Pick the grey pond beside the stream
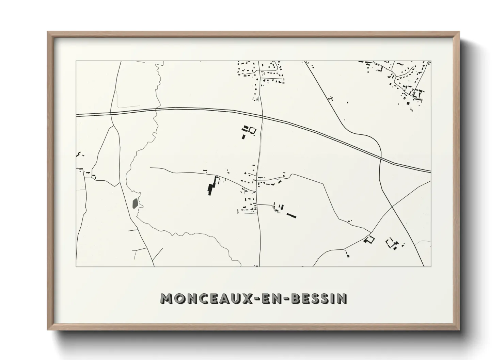coord(135,203)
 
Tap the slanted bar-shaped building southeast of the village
coord(291,215)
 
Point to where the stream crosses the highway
coord(155,110)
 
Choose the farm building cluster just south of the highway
coord(249,131)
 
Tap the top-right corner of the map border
coord(431,61)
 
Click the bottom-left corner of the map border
coord(76,266)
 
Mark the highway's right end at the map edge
coord(430,171)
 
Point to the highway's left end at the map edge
coord(77,115)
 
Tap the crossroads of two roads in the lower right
coord(392,207)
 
